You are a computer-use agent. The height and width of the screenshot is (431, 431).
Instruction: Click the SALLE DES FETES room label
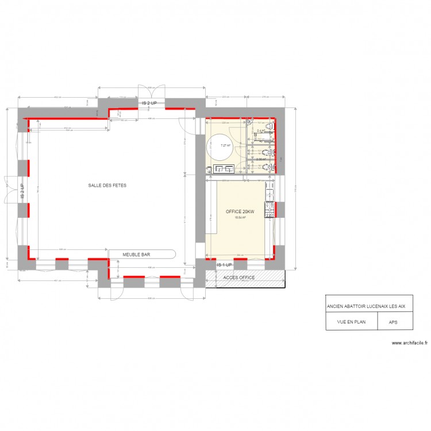point(107,186)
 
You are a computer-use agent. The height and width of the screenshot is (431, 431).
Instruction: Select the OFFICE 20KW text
point(240,211)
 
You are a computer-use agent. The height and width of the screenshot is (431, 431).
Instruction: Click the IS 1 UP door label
point(224,265)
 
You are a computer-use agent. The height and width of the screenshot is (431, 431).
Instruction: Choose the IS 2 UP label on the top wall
point(153,103)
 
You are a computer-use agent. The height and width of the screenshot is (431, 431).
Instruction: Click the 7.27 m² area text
point(225,145)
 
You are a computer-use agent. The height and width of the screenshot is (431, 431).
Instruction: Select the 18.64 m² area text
point(240,218)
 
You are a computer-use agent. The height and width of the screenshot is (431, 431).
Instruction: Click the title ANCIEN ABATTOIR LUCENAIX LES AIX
point(365,306)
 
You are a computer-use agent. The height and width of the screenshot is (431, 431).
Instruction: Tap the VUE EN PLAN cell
point(352,322)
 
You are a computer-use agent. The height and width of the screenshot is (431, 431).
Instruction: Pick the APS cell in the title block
point(393,322)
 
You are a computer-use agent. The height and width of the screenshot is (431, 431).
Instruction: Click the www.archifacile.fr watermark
point(410,343)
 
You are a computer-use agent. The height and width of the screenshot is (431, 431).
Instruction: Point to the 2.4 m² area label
point(261,132)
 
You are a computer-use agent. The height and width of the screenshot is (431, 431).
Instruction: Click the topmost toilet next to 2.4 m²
point(268,126)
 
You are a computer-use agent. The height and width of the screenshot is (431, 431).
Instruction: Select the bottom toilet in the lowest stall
point(268,167)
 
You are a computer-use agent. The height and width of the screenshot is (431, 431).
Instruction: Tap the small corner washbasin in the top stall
point(251,122)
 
